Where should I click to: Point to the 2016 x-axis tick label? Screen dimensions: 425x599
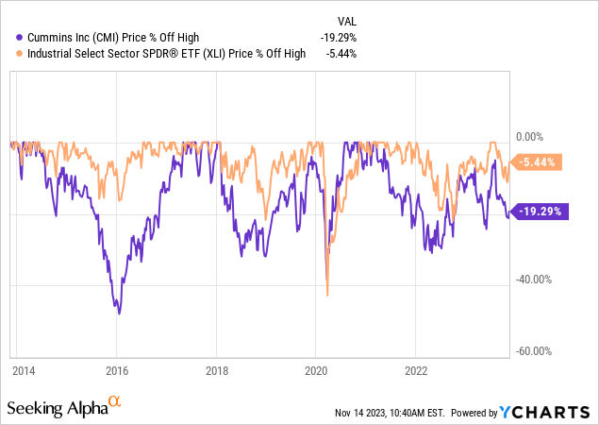coord(118,371)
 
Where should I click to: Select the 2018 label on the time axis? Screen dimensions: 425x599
coord(218,371)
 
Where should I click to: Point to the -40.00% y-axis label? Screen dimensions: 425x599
coord(534,280)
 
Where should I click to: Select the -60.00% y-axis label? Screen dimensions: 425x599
coord(534,350)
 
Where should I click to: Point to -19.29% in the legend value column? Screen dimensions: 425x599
coord(337,37)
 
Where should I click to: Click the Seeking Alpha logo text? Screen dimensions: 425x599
coord(57,408)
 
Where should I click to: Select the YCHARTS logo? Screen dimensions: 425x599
coord(548,413)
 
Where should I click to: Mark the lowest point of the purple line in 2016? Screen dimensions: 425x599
coord(119,313)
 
